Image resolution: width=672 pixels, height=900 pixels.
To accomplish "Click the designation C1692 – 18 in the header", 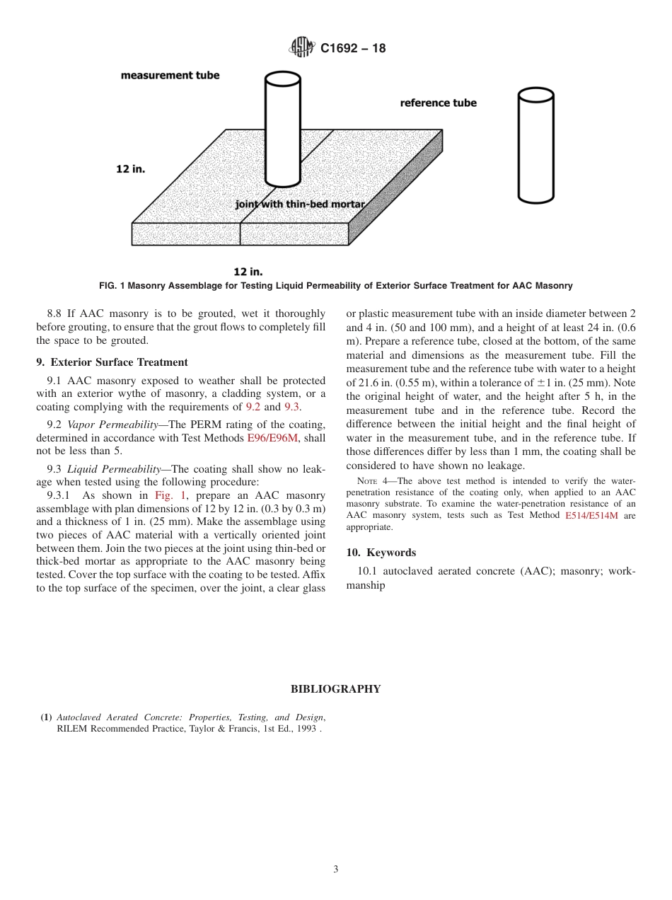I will coord(353,49).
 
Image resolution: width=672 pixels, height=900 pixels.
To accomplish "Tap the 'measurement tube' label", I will coord(170,75).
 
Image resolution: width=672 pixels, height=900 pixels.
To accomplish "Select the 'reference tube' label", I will coord(438,103).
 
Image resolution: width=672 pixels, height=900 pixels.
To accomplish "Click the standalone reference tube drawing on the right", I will coord(535,145).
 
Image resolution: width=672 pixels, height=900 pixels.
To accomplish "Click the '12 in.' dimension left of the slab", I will coord(131,169).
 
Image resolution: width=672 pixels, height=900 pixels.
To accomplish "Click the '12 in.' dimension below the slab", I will coord(248,271).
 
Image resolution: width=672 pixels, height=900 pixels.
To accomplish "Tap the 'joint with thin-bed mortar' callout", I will coord(300,204).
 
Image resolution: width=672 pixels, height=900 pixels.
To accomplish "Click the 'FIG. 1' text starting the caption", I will coord(114,286).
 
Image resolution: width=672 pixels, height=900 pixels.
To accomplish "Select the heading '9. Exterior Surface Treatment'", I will coord(112,362).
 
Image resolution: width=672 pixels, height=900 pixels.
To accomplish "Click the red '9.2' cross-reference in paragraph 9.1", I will coord(253,407).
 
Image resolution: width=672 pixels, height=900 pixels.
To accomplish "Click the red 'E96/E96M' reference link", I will coord(272,439).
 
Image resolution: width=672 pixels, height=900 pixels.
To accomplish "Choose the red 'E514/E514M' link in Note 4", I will coord(591,516).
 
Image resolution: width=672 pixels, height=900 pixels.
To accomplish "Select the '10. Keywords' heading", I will coord(381,553).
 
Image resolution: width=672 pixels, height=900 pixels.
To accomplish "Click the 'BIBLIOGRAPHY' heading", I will coord(335,689).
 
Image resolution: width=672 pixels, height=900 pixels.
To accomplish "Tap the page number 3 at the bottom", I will coord(335,870).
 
